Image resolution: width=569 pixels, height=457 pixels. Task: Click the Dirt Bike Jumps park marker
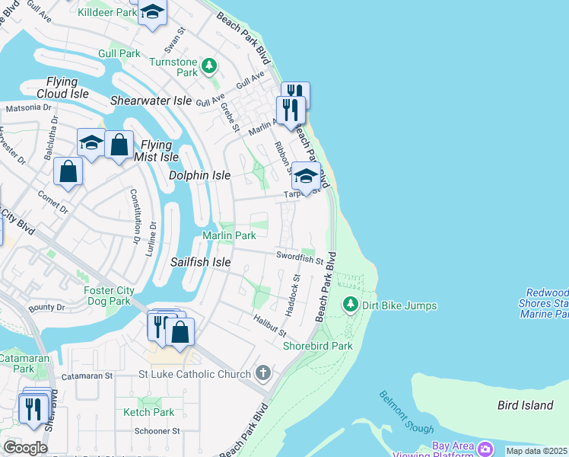350,305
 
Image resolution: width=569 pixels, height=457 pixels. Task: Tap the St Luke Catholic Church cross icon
263,373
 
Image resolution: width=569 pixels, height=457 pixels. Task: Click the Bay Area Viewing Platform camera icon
485,447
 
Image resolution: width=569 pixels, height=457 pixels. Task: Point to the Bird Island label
525,405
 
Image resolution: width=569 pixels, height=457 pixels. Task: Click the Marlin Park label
229,236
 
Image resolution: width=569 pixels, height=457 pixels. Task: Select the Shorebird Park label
317,346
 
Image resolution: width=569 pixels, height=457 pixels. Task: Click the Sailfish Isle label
200,262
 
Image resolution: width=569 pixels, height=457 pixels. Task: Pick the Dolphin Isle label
199,175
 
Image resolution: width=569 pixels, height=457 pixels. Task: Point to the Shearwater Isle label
151,101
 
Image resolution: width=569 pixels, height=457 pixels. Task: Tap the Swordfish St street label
300,258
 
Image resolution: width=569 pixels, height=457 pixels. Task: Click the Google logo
25,448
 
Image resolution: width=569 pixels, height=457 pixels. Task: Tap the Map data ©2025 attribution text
536,451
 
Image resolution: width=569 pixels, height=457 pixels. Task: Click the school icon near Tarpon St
306,175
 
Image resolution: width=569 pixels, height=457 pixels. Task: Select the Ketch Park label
149,412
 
